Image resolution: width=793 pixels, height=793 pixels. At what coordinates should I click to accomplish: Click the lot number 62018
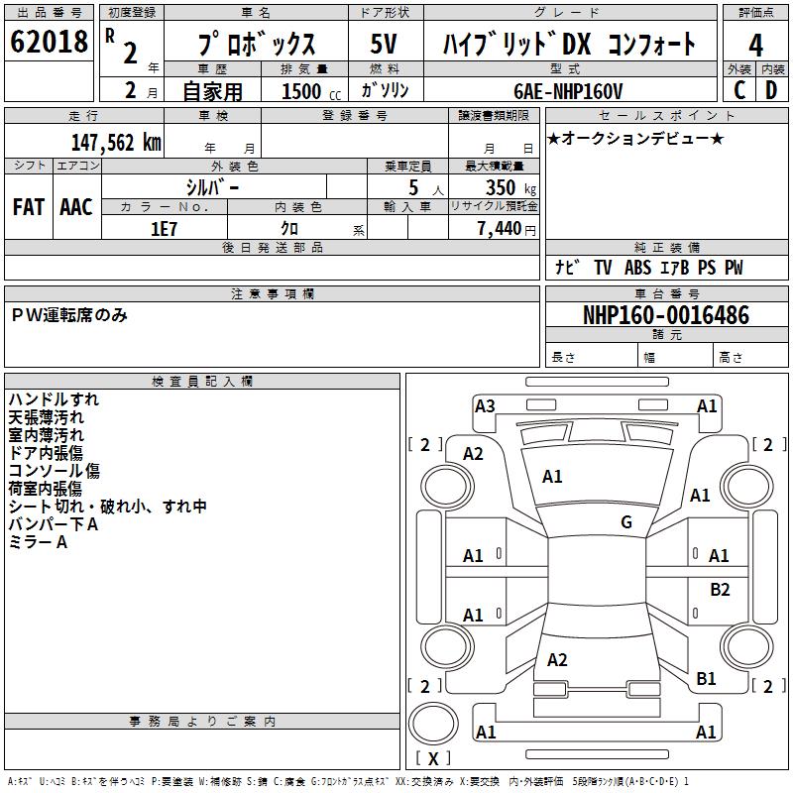click(x=49, y=43)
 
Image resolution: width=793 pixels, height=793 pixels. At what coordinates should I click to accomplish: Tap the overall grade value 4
click(x=755, y=45)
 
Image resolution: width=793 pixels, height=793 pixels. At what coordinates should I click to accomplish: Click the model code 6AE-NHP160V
click(x=568, y=91)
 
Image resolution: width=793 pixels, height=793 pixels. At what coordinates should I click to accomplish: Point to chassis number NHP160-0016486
click(x=666, y=315)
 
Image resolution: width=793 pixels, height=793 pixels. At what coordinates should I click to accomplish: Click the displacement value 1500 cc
click(x=308, y=91)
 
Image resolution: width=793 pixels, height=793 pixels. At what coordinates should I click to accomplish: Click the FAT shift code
click(x=28, y=206)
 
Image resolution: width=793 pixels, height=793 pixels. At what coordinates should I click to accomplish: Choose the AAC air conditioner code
click(x=76, y=206)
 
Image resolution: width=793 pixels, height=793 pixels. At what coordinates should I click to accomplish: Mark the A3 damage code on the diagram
click(x=485, y=405)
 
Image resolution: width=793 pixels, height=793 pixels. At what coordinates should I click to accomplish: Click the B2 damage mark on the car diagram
click(x=720, y=589)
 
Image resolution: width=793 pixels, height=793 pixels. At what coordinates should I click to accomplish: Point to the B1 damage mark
click(x=706, y=679)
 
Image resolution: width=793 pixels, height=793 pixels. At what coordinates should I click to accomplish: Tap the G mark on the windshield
click(x=626, y=522)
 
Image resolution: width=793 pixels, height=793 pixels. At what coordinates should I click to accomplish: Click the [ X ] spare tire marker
click(x=433, y=758)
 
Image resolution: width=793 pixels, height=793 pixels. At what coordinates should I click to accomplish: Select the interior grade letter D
click(x=771, y=90)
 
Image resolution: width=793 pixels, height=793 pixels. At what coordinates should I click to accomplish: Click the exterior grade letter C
click(x=738, y=90)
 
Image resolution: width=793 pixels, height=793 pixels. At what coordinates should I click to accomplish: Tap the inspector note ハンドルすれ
click(x=54, y=399)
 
